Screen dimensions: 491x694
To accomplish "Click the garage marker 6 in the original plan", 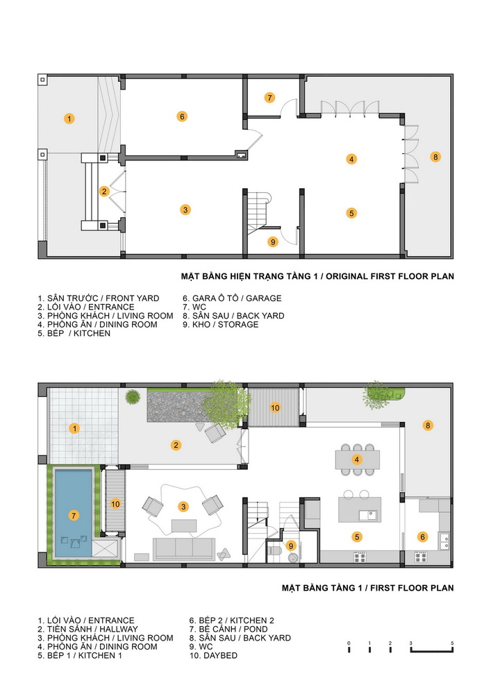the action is tap(182, 117).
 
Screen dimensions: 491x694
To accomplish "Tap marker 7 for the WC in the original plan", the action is tap(269, 97).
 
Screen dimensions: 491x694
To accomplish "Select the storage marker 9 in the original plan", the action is tap(273, 242).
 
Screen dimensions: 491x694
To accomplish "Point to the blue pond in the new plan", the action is tap(73, 514).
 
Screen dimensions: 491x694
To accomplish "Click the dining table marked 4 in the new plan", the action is tap(357, 459).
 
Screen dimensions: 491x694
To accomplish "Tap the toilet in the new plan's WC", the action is tap(274, 550).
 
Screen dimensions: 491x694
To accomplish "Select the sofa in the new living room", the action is tap(184, 548).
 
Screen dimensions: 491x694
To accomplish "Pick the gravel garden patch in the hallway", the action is tap(178, 406).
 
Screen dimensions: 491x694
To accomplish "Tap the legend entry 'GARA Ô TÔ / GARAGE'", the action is tap(232, 298).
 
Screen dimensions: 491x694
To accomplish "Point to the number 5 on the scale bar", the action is tap(452, 643).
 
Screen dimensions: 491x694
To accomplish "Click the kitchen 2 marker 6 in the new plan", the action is tap(422, 537).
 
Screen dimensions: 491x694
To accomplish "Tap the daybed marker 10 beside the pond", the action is tap(115, 504).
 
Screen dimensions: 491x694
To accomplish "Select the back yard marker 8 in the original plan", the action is tap(435, 157).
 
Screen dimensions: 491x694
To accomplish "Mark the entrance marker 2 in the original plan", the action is tap(104, 192).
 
